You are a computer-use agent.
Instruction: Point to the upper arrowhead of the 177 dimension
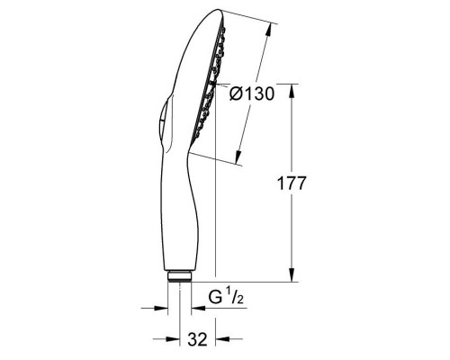click(x=292, y=88)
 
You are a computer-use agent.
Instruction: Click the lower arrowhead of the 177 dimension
click(x=292, y=277)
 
